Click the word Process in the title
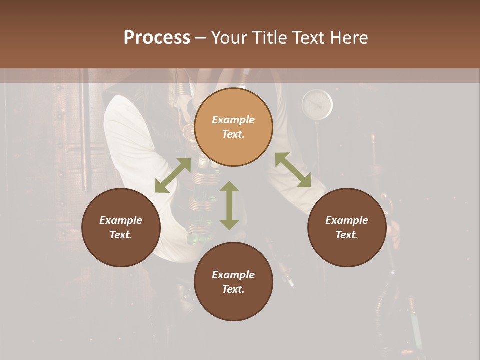point(157,38)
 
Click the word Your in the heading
point(230,38)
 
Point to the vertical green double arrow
point(229,205)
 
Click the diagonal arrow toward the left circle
point(173,175)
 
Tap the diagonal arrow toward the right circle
point(293,170)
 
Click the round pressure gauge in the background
point(317,104)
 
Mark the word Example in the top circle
point(233,120)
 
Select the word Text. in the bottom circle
point(233,289)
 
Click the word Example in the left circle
point(121,220)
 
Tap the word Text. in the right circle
point(347,235)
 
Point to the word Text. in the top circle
point(233,134)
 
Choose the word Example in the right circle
point(347,220)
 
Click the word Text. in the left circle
point(121,235)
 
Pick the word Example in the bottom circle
point(233,275)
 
